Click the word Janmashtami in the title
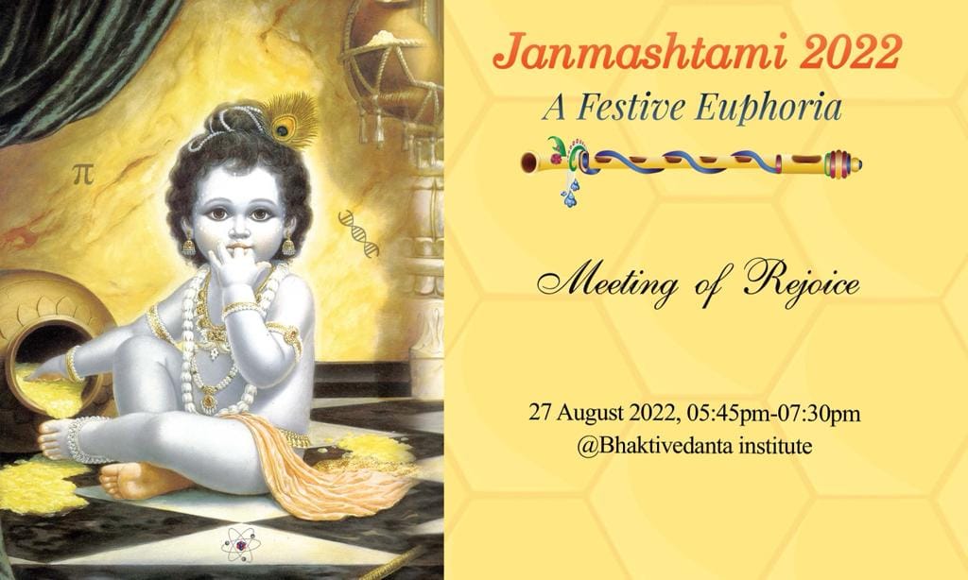(640, 53)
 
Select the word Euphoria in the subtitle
(768, 109)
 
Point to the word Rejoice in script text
(802, 282)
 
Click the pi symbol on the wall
(83, 175)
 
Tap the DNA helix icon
(358, 233)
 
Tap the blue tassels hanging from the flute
(572, 192)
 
